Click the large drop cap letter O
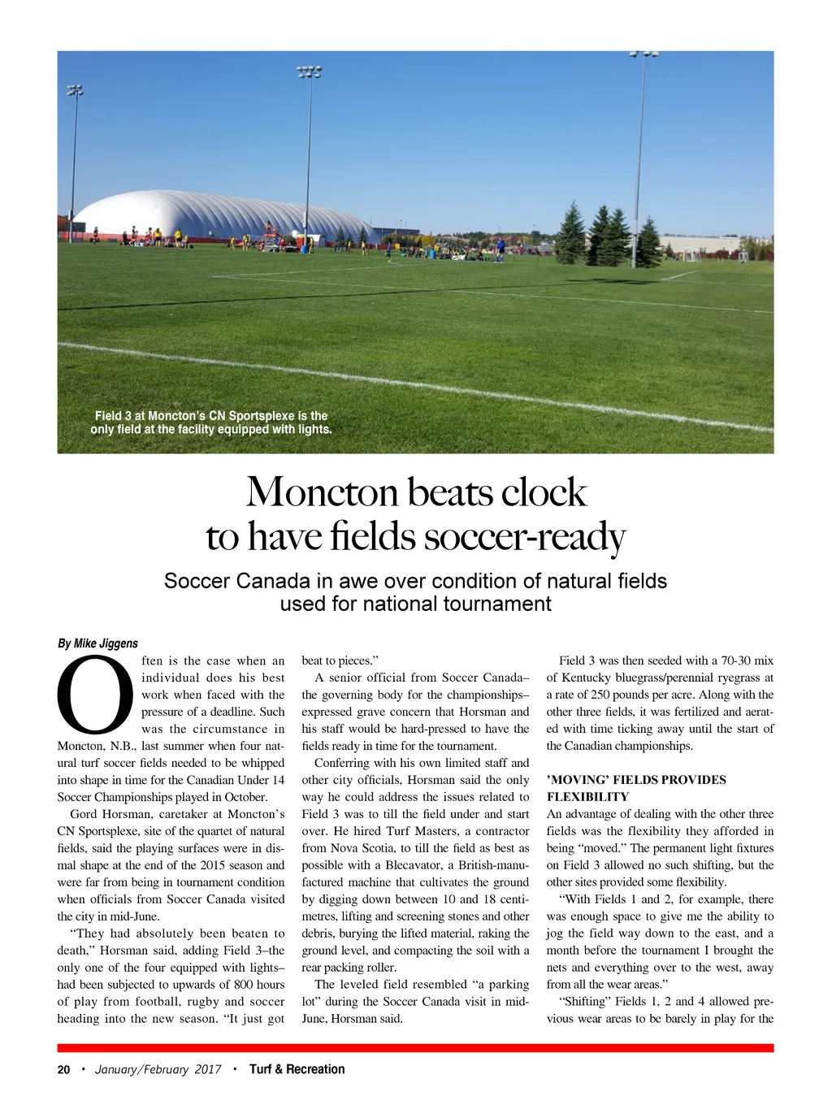pos(95,695)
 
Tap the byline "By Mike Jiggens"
pos(97,643)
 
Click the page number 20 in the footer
pos(63,1069)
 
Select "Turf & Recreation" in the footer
pos(297,1069)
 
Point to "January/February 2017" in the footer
pos(158,1069)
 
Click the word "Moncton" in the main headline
pos(322,492)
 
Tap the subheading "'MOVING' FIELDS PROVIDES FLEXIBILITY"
pos(636,788)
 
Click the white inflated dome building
pos(219,215)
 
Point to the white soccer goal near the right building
pos(691,254)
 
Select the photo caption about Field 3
pos(211,422)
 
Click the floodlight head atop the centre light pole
pos(310,71)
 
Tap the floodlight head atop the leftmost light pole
pos(75,90)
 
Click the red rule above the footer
pos(415,1048)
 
